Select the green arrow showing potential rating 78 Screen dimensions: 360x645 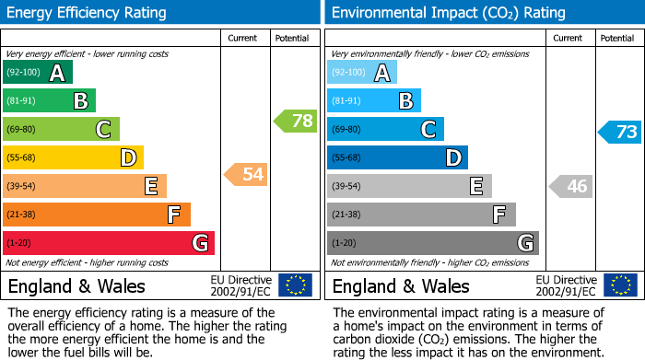(295, 121)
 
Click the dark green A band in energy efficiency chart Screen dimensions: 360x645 (37, 73)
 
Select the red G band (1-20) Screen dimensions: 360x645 (108, 243)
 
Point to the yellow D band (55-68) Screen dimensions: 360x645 (73, 158)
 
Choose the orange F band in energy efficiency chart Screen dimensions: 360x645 (97, 215)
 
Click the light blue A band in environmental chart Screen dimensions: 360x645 (361, 73)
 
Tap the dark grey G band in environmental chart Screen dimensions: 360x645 (432, 243)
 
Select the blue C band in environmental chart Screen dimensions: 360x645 (385, 130)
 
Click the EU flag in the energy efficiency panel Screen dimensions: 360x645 (295, 285)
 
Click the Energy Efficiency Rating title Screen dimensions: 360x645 (88, 13)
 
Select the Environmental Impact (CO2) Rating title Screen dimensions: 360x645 (448, 13)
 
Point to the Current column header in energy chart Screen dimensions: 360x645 (244, 38)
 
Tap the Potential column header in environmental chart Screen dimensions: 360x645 (617, 38)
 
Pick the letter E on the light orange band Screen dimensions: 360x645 (150, 187)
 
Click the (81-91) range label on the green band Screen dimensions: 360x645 (22, 101)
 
